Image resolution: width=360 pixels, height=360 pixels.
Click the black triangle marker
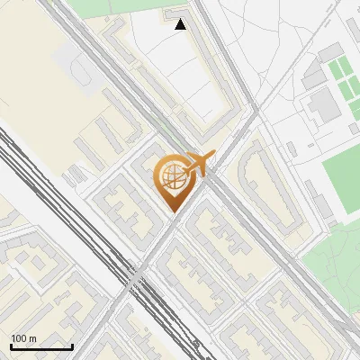(181, 25)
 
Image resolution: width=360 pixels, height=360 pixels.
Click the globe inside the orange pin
(171, 178)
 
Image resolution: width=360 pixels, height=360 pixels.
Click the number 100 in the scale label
(19, 338)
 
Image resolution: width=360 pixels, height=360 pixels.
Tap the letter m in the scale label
(33, 338)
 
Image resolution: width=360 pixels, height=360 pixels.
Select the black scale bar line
(41, 347)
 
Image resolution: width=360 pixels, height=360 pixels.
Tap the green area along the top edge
(99, 7)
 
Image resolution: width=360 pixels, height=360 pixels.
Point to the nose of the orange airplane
(213, 156)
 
